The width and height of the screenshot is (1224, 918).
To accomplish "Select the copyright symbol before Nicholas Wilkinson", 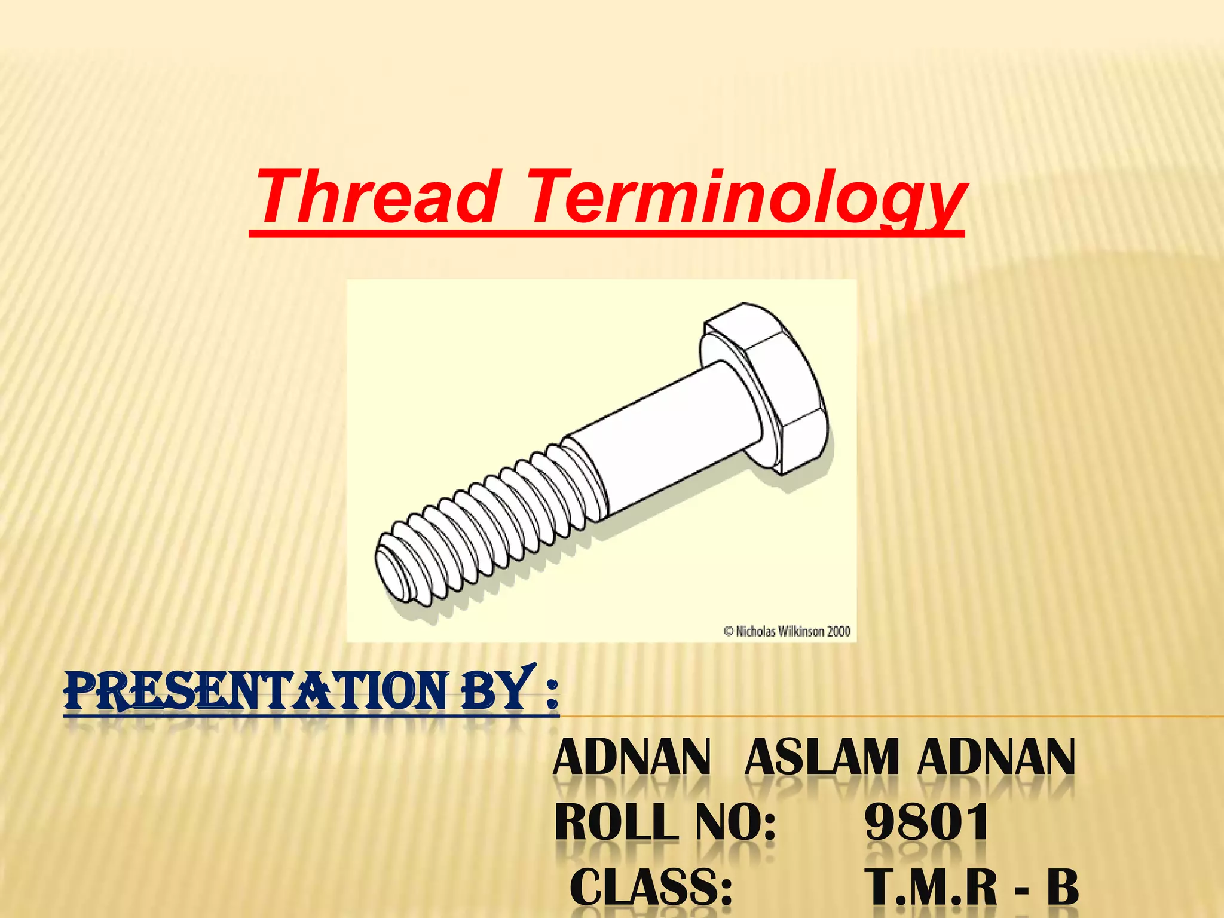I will [x=729, y=631].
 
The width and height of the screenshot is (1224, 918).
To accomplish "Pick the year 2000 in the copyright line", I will [x=839, y=631].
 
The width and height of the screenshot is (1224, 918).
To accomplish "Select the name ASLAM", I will [x=822, y=758].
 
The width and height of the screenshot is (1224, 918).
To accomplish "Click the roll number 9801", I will [x=926, y=822].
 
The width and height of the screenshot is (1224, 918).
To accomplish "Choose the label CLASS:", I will [x=651, y=887].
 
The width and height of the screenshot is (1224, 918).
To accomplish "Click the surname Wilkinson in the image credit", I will [x=801, y=631].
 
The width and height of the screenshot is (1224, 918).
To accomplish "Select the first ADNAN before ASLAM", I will [x=632, y=758].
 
